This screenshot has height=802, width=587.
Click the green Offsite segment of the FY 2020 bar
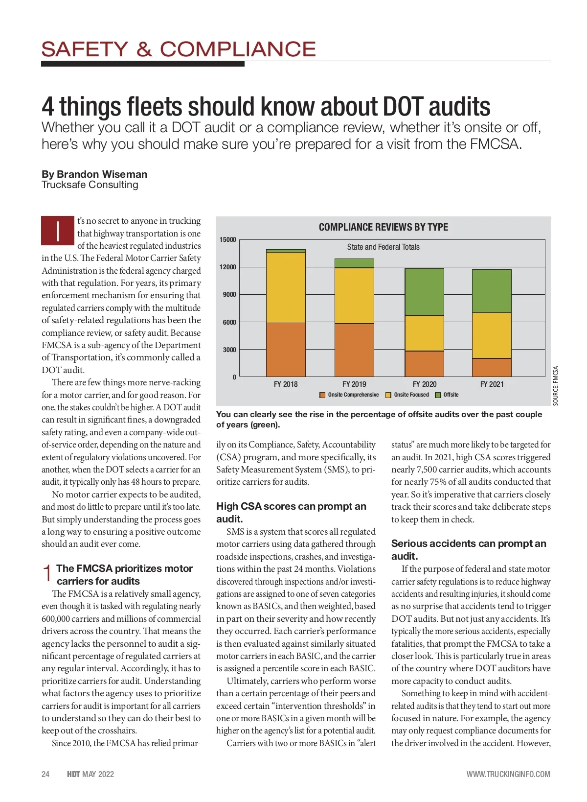pyautogui.click(x=424, y=292)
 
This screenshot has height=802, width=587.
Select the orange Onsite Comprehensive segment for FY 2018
pyautogui.click(x=286, y=349)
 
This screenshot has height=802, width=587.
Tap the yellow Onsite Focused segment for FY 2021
pyautogui.click(x=492, y=335)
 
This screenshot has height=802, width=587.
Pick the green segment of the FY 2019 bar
pyautogui.click(x=354, y=263)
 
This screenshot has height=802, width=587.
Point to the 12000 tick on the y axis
pyautogui.click(x=227, y=267)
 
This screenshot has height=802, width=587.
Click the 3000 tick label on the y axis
pyautogui.click(x=229, y=350)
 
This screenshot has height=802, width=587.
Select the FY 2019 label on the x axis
pyautogui.click(x=354, y=384)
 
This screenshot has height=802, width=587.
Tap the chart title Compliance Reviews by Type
pyautogui.click(x=383, y=227)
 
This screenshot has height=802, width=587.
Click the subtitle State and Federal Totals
pyautogui.click(x=383, y=247)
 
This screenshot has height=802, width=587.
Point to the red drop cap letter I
pyautogui.click(x=58, y=231)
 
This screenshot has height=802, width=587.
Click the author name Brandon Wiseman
pyautogui.click(x=102, y=174)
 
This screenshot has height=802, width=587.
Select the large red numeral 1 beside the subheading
pyautogui.click(x=47, y=573)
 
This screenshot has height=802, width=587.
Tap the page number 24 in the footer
pyautogui.click(x=45, y=774)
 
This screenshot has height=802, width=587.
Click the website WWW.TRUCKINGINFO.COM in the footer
pyautogui.click(x=508, y=774)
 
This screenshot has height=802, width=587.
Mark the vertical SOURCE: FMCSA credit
pyautogui.click(x=555, y=386)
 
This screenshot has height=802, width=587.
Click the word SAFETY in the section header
pyautogui.click(x=85, y=49)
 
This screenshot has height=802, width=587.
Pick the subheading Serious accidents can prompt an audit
pyautogui.click(x=468, y=549)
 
